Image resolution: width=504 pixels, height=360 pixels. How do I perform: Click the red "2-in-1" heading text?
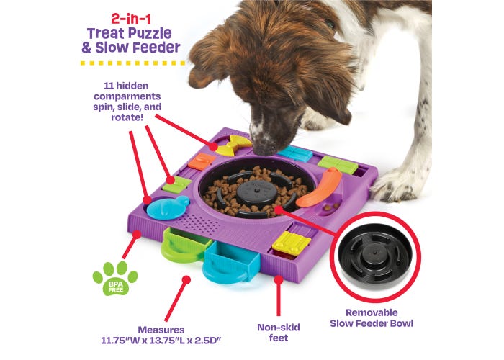[x=130, y=19]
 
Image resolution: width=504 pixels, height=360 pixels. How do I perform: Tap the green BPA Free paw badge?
[x=115, y=279]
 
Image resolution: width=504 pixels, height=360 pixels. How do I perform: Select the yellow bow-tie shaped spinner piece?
[x=234, y=145]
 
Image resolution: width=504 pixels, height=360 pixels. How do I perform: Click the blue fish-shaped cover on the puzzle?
[x=168, y=207]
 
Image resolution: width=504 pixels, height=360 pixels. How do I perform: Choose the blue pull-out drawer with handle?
[x=230, y=262]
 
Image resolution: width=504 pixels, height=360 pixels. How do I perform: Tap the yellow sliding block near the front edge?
[x=291, y=243]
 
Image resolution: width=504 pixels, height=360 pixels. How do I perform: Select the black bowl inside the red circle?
[x=375, y=253]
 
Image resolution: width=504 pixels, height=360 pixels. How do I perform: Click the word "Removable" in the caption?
[x=372, y=312]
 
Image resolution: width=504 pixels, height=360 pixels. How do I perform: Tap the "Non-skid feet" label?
[x=279, y=333]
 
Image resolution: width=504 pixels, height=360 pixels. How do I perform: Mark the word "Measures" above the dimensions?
[x=161, y=330]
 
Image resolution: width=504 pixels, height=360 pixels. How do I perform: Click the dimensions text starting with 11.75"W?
[x=161, y=341]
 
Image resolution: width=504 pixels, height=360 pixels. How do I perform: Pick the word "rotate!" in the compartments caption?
[x=127, y=117]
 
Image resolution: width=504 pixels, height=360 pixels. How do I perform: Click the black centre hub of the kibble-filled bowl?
[x=256, y=192]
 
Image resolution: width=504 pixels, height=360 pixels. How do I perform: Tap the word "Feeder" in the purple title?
[x=156, y=48]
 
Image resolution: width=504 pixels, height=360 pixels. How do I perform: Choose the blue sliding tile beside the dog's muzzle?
[x=294, y=153]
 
